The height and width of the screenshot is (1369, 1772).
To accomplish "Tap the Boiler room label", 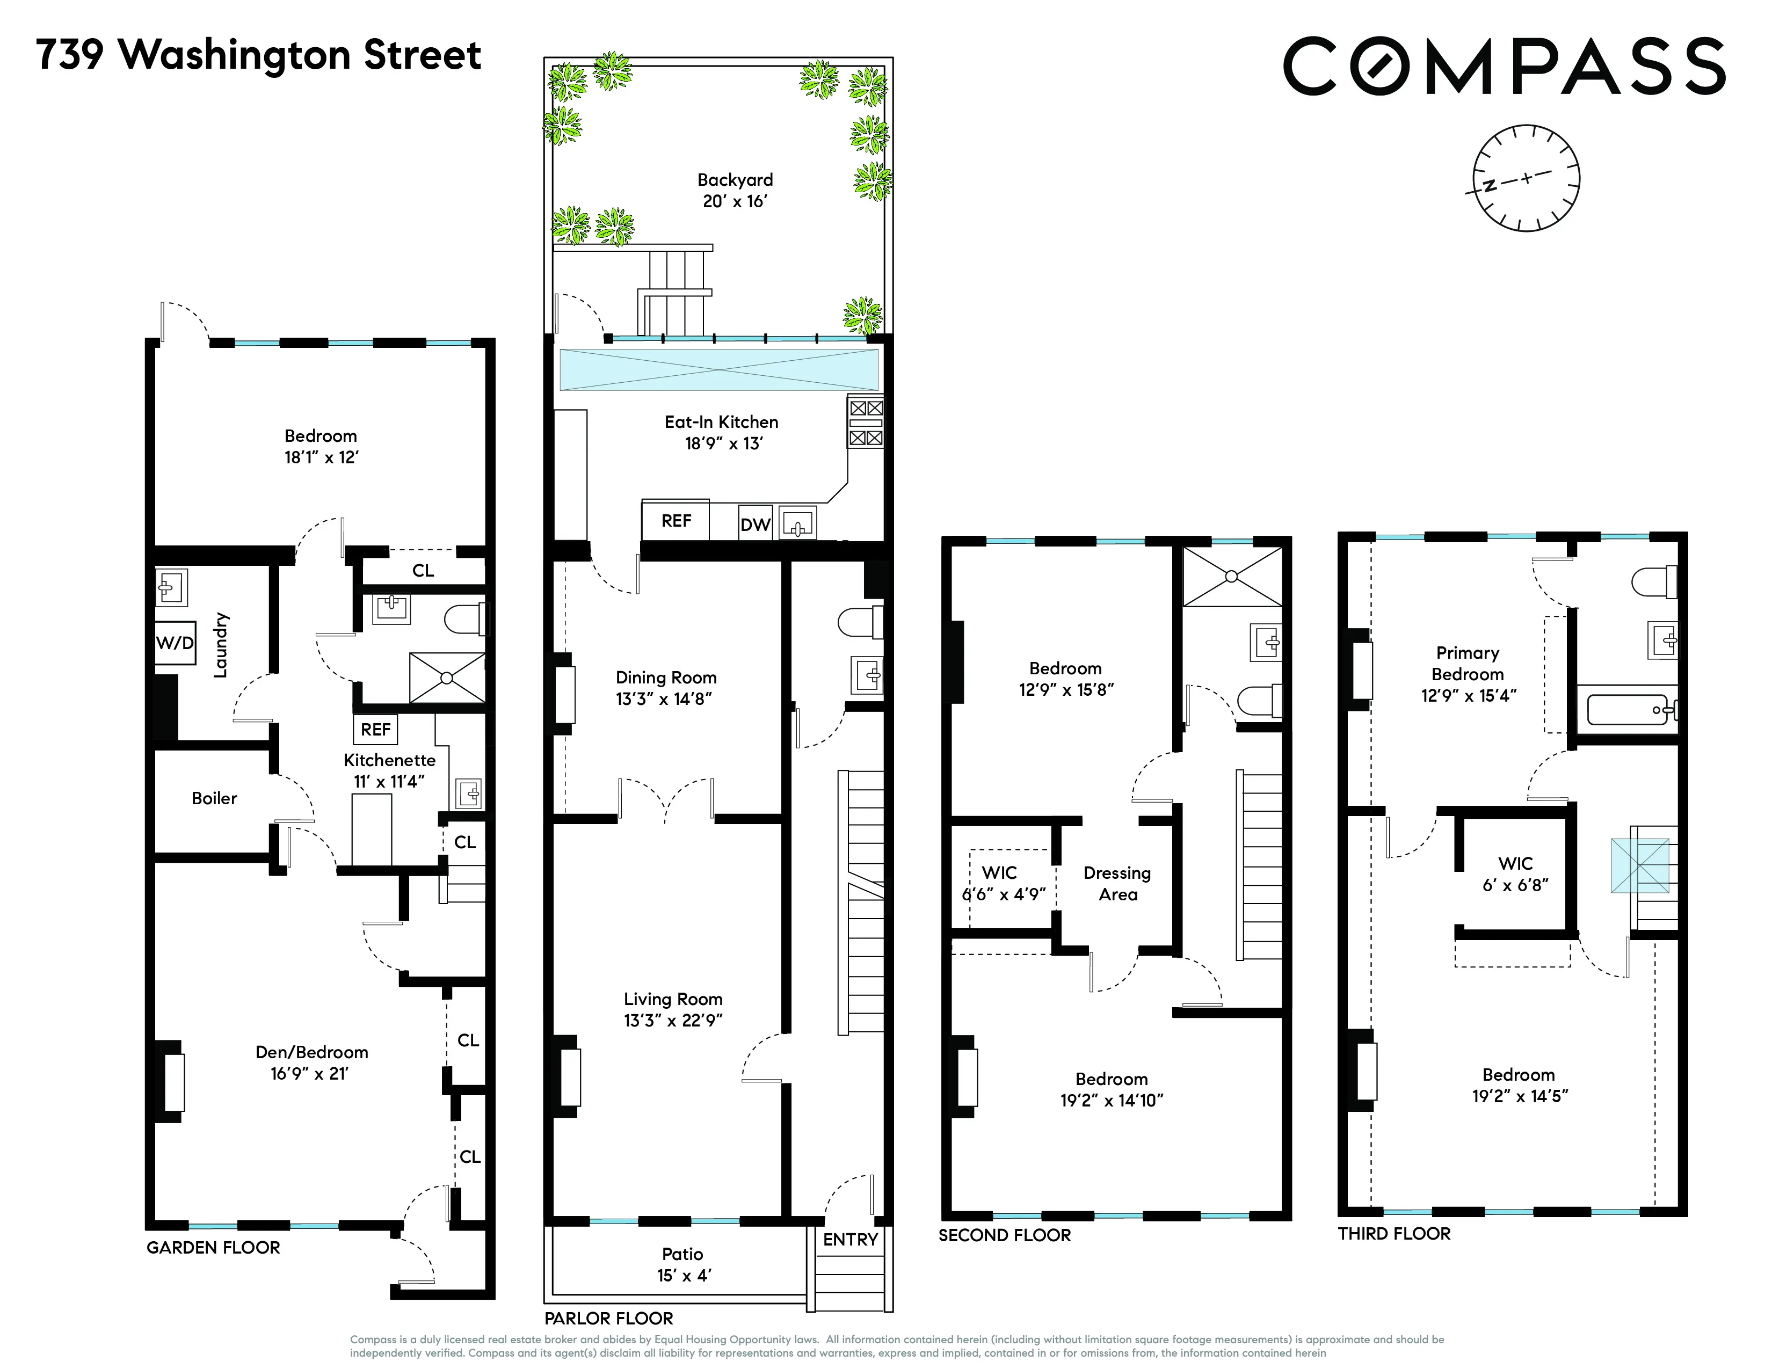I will click(214, 798).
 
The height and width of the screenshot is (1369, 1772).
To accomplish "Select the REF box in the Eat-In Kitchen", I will click(676, 521).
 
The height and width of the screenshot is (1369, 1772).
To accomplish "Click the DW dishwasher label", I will click(754, 525).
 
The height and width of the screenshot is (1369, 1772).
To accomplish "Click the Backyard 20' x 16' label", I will click(735, 191).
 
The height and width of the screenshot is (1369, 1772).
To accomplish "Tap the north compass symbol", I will click(1526, 178).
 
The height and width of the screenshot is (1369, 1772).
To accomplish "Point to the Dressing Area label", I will click(1117, 883).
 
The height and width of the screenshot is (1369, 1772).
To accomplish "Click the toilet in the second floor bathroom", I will click(1260, 701).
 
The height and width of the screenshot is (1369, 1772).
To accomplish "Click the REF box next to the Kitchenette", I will click(376, 729).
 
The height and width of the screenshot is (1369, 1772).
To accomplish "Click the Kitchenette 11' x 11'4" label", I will click(389, 770).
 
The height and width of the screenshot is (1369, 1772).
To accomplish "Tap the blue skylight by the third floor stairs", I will click(1640, 866).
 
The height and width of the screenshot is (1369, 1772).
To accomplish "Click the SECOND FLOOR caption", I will click(1005, 1235).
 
